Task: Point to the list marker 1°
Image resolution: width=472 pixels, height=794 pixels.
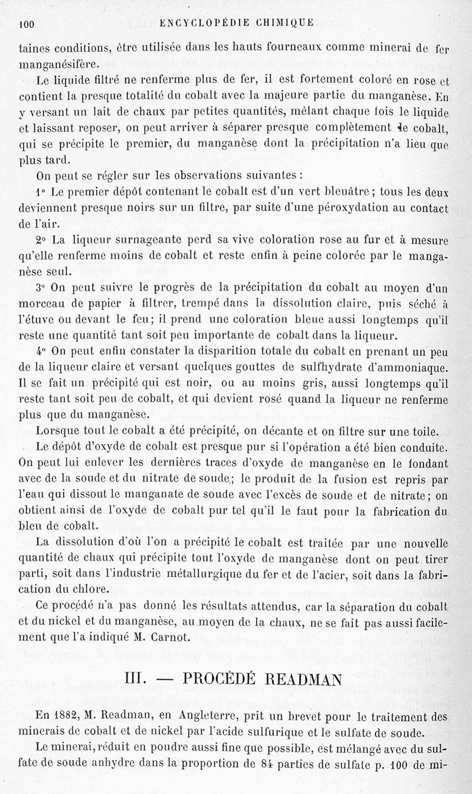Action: pos(41,192)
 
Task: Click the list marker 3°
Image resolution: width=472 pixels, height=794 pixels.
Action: pos(41,289)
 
